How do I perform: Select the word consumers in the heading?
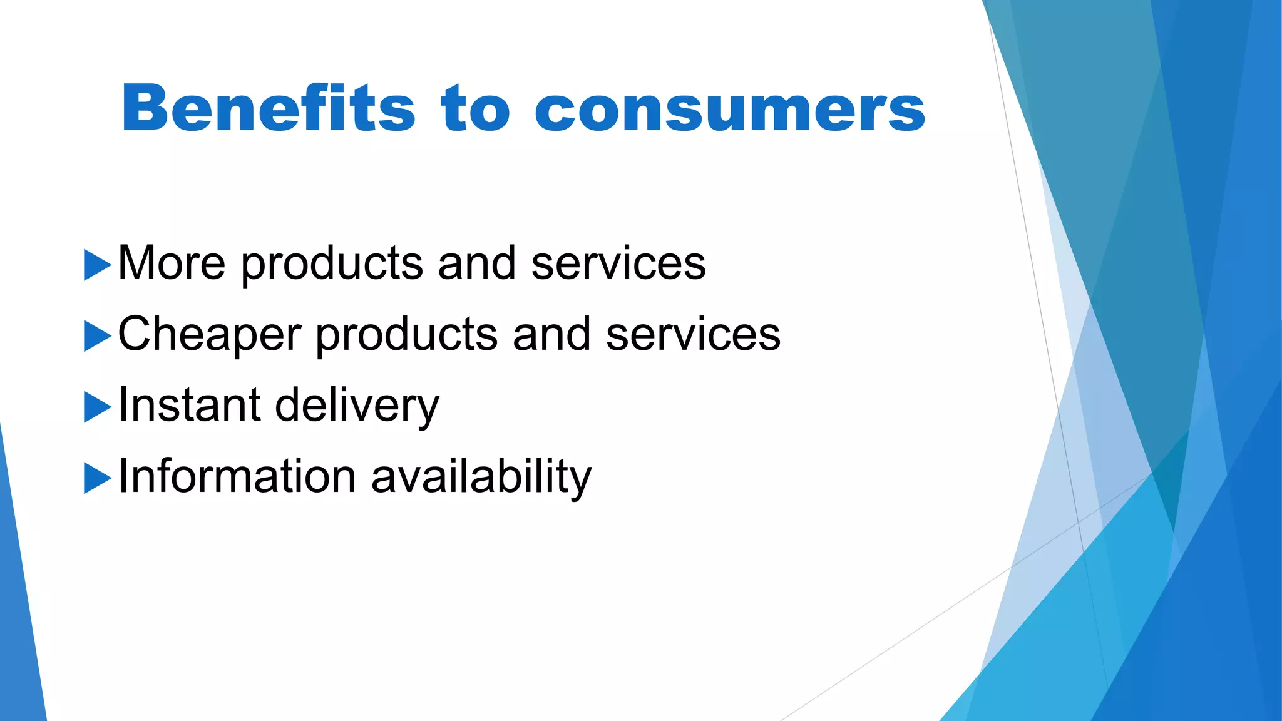coord(730,111)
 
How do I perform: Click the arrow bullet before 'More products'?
coord(97,265)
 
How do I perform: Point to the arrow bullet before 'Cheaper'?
coord(97,336)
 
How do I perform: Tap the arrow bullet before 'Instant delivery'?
coord(97,407)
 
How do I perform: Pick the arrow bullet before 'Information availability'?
coord(97,478)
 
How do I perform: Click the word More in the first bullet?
coord(172,263)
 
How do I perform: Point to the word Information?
coord(237,476)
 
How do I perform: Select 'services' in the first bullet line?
coord(618,263)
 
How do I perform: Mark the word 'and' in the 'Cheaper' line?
coord(551,334)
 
